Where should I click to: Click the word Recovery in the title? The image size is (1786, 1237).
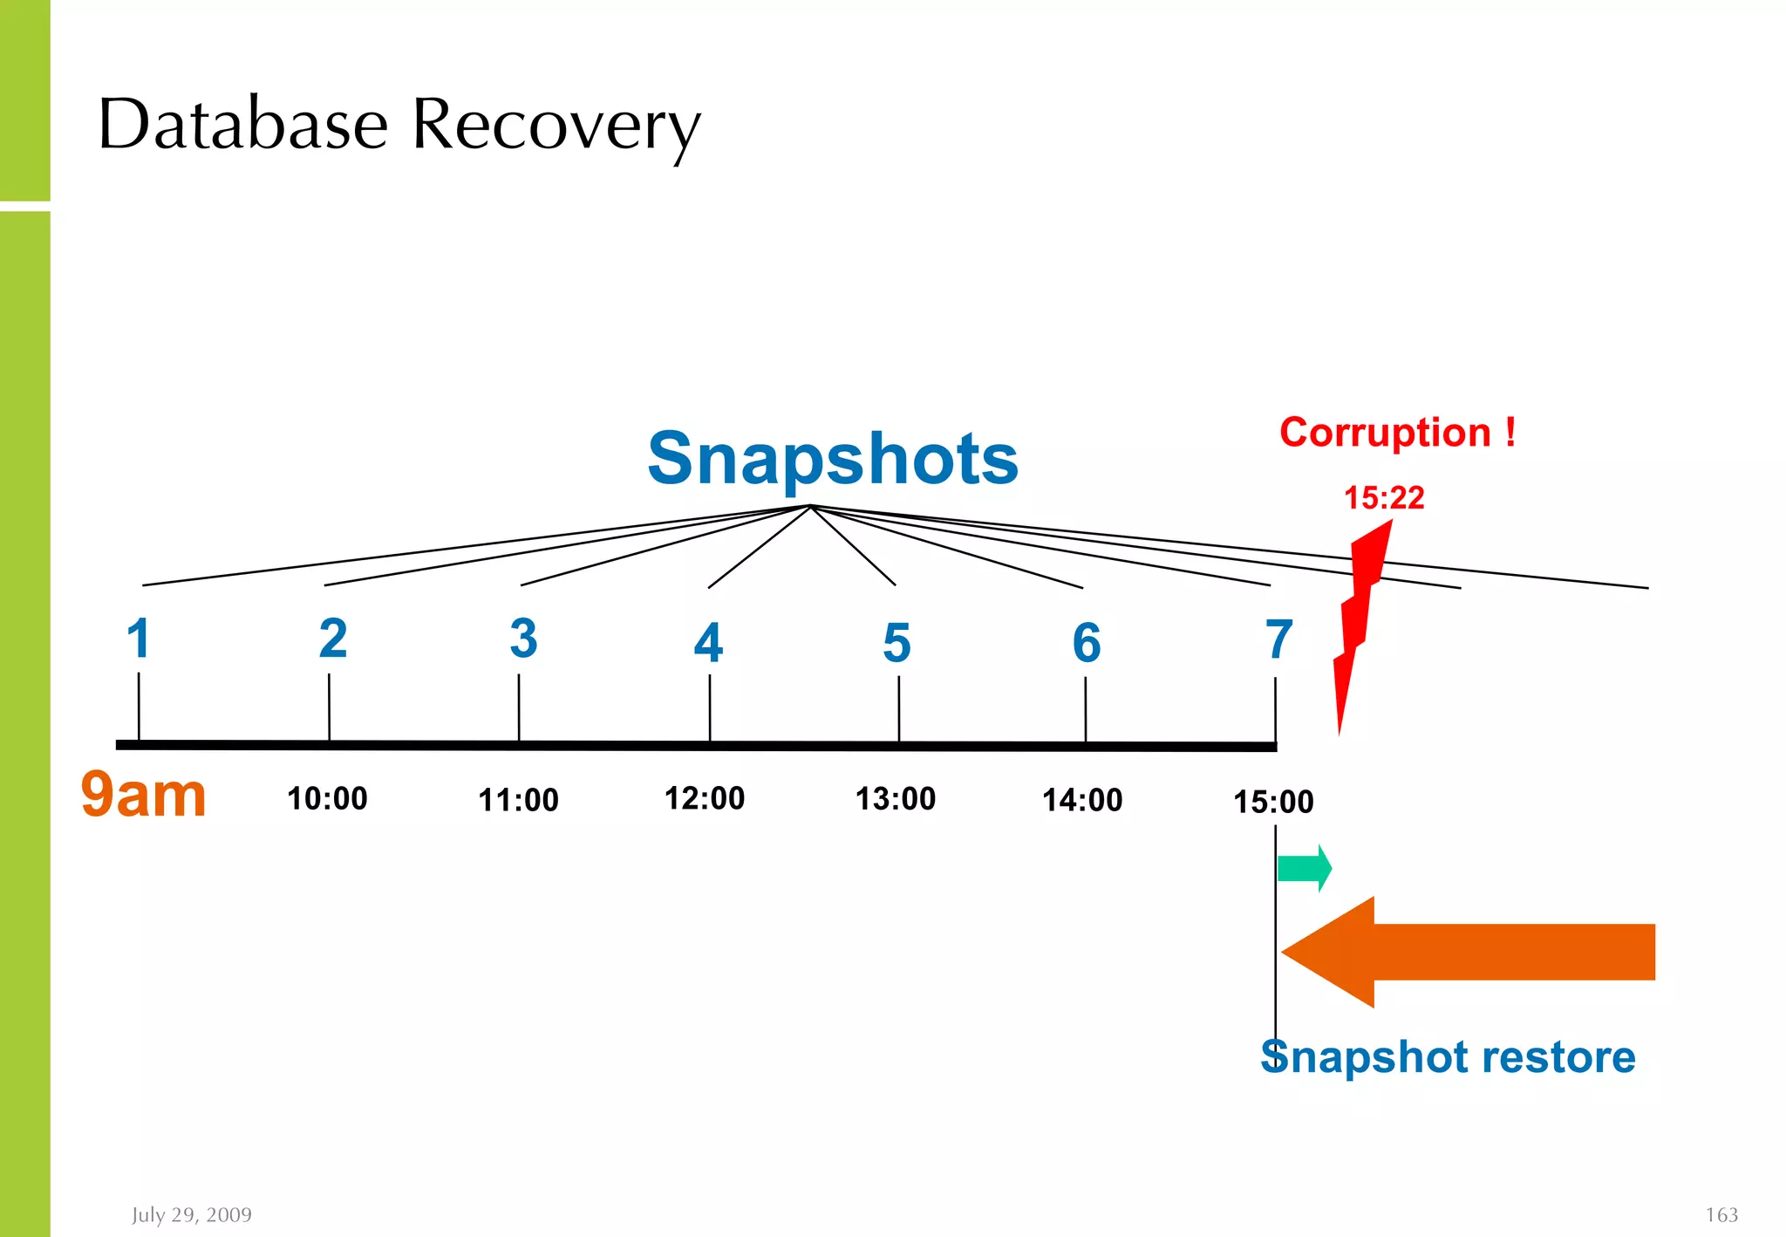(x=556, y=125)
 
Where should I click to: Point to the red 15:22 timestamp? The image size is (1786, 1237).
(x=1383, y=498)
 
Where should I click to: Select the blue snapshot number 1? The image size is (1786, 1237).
(x=139, y=639)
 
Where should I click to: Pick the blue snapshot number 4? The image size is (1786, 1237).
(x=708, y=643)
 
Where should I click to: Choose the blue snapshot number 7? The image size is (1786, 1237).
(x=1278, y=639)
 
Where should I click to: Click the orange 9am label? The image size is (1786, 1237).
(x=144, y=796)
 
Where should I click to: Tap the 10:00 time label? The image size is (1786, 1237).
(x=327, y=799)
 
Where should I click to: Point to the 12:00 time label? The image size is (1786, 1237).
(x=705, y=799)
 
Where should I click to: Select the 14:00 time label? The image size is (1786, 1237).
(x=1082, y=800)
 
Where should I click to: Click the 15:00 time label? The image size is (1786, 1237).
(x=1272, y=802)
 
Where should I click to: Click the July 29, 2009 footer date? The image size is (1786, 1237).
(x=192, y=1214)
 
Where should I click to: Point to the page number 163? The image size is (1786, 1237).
(x=1721, y=1214)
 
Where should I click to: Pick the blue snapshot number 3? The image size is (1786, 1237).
(x=523, y=639)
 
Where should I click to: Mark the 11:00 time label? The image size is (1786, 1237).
(x=518, y=800)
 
